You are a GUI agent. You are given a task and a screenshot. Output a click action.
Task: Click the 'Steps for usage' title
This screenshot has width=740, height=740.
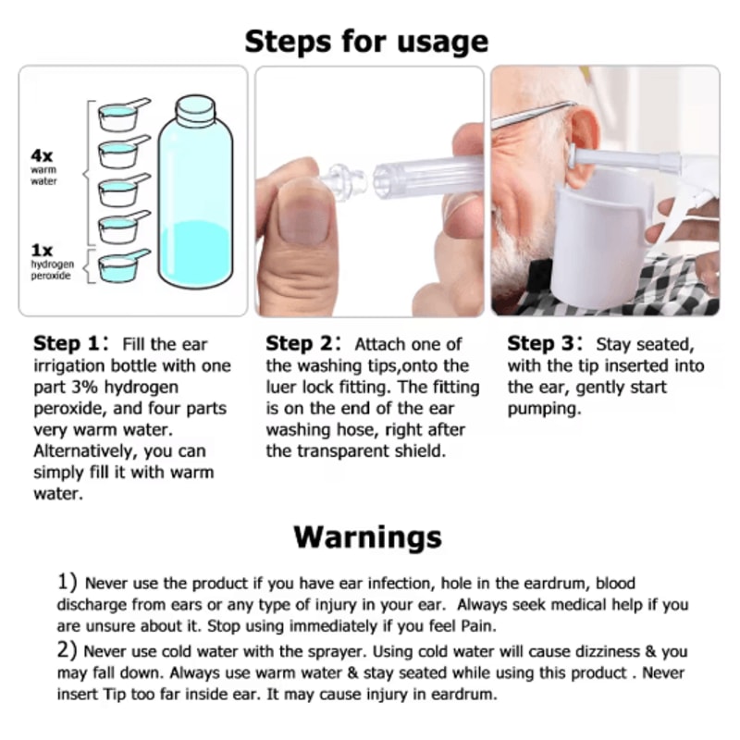pyautogui.click(x=366, y=41)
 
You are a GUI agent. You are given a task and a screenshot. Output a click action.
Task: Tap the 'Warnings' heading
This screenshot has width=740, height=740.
pyautogui.click(x=367, y=536)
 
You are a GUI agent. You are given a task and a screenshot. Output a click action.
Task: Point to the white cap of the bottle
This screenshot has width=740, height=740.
pyautogui.click(x=196, y=111)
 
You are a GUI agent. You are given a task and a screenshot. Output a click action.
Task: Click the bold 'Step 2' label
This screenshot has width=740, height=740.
pyautogui.click(x=301, y=344)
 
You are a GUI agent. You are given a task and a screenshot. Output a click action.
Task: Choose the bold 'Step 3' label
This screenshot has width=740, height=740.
pyautogui.click(x=542, y=344)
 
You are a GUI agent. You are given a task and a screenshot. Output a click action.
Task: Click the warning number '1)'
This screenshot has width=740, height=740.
pyautogui.click(x=67, y=584)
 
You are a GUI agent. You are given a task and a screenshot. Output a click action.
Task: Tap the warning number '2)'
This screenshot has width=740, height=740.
pyautogui.click(x=67, y=651)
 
